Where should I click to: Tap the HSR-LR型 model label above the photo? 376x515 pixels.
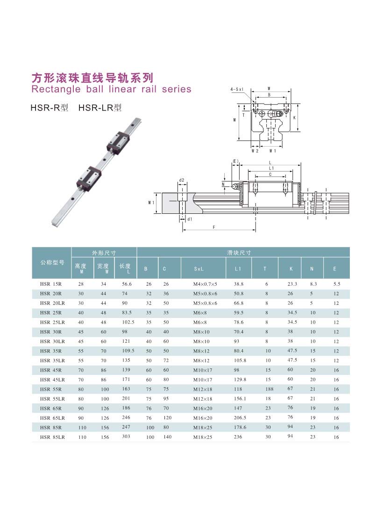[100, 108]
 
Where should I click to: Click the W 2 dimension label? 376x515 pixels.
[255, 151]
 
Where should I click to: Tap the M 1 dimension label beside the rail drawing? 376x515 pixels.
[151, 203]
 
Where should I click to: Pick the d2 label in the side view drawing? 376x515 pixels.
[182, 180]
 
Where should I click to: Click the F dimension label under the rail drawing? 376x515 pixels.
[213, 227]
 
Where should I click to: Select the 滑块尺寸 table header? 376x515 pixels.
[243, 252]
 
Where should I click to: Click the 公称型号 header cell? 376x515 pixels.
[52, 262]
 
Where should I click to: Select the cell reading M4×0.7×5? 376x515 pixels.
[205, 284]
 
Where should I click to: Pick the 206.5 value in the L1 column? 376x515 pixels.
[240, 418]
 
